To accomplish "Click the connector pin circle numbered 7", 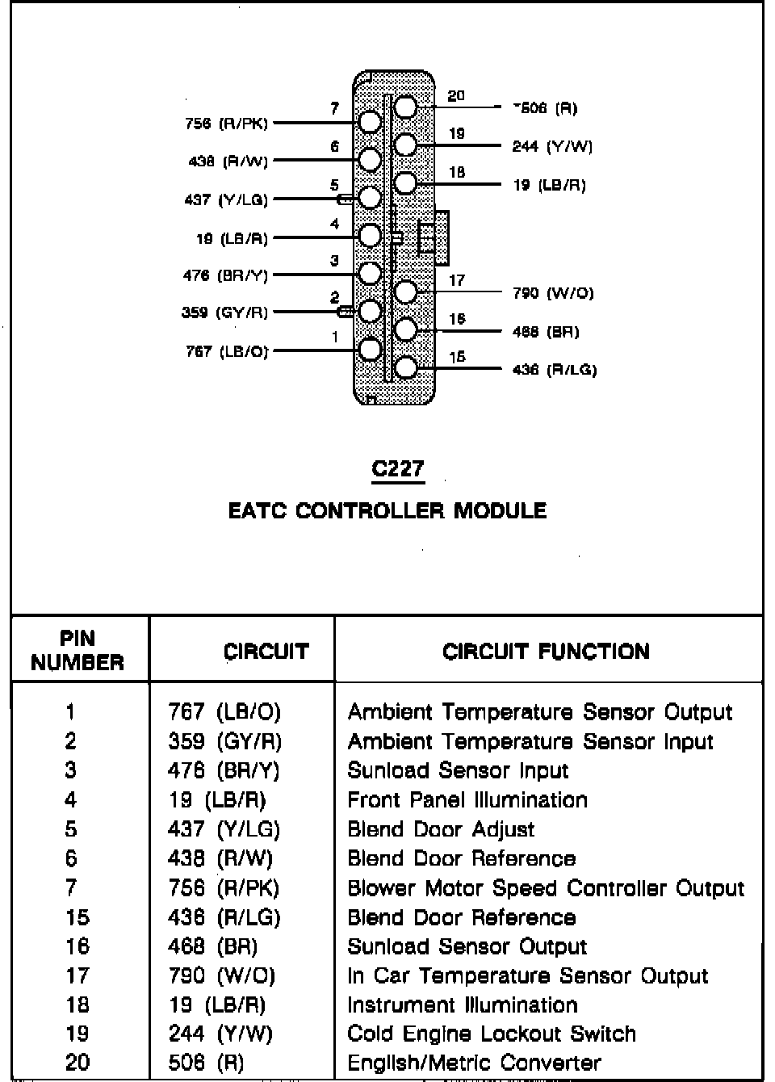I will (369, 122).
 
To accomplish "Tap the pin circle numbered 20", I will (405, 107).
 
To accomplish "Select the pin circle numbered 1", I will (369, 350).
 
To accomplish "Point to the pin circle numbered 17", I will (405, 291).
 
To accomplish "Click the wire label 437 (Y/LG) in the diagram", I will (226, 199).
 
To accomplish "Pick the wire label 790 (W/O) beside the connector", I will (553, 293).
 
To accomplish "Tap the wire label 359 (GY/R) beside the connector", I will (224, 312).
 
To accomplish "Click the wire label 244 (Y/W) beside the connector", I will (552, 147).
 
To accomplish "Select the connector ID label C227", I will (397, 469).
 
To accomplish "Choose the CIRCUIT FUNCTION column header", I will (546, 652).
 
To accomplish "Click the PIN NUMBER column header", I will (77, 651).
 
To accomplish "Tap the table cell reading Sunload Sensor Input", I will (458, 770).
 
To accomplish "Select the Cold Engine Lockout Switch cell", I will (492, 1034).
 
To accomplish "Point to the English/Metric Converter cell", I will (474, 1063).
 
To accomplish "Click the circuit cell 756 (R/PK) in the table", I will (224, 888).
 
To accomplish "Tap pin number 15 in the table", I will (77, 917).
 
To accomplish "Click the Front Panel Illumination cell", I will (467, 800).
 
